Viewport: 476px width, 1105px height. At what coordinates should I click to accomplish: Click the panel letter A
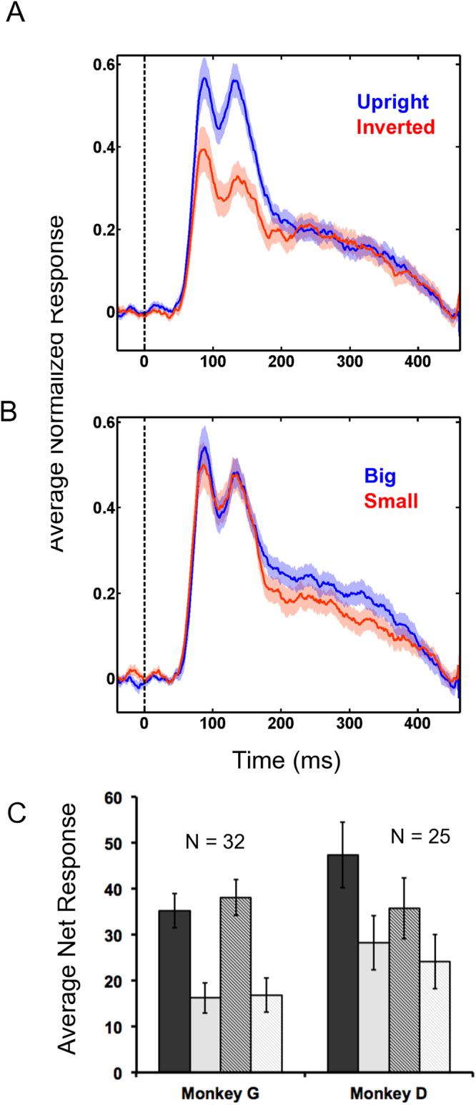pos(16,14)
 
